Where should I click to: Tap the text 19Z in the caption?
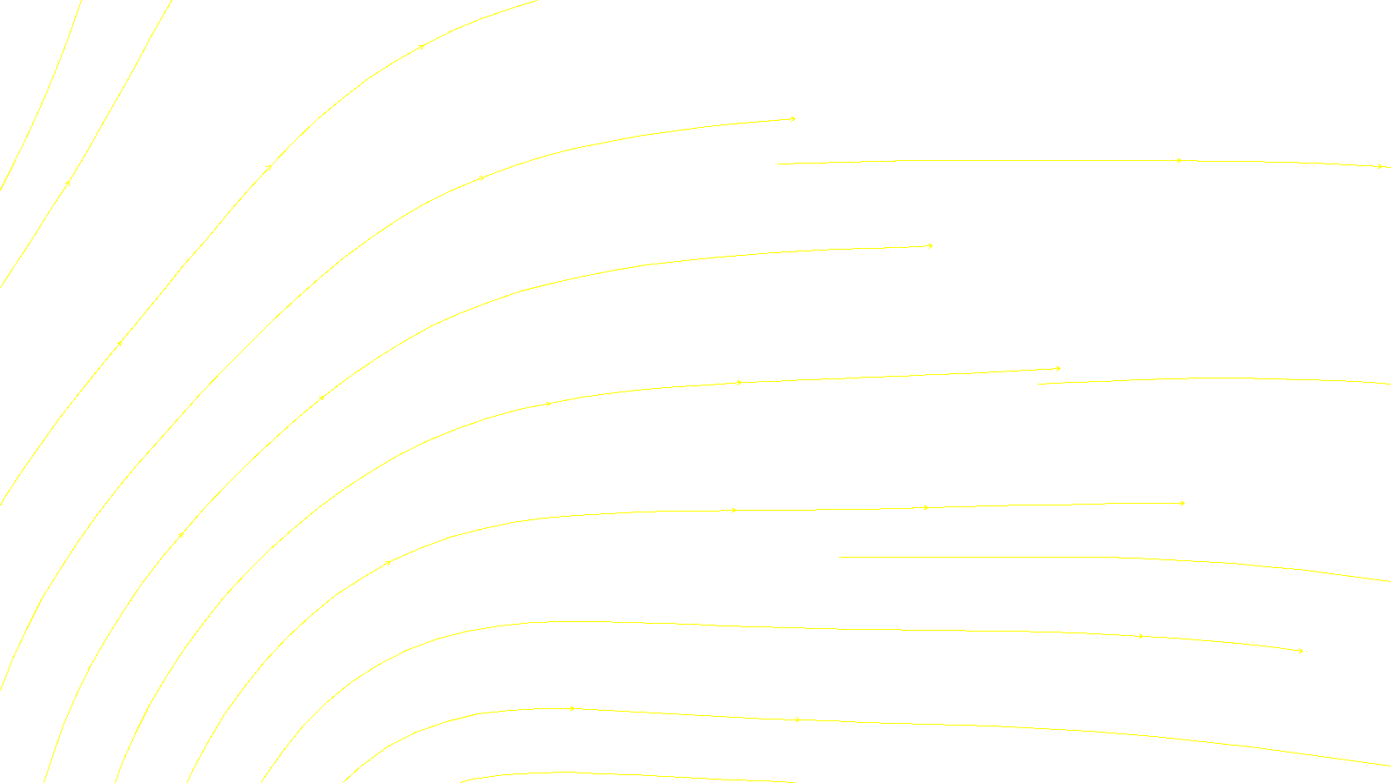659,769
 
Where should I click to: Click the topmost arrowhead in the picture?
423,46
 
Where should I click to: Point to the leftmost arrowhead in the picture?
68,183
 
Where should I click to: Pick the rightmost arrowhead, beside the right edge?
1381,166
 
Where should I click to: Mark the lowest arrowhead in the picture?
797,719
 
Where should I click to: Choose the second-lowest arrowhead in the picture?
572,708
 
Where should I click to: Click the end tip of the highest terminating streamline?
795,118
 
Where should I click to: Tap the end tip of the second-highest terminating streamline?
932,245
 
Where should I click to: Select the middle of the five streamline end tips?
1060,368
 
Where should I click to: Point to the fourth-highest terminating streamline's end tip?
1184,503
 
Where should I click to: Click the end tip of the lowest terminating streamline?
1302,651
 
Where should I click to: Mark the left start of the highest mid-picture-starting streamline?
777,164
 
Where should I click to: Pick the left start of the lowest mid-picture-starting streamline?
839,557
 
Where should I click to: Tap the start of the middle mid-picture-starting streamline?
1038,384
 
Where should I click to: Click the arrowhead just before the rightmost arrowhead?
1179,160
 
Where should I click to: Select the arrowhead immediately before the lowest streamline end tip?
1141,636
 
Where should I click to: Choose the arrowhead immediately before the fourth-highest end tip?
926,507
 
